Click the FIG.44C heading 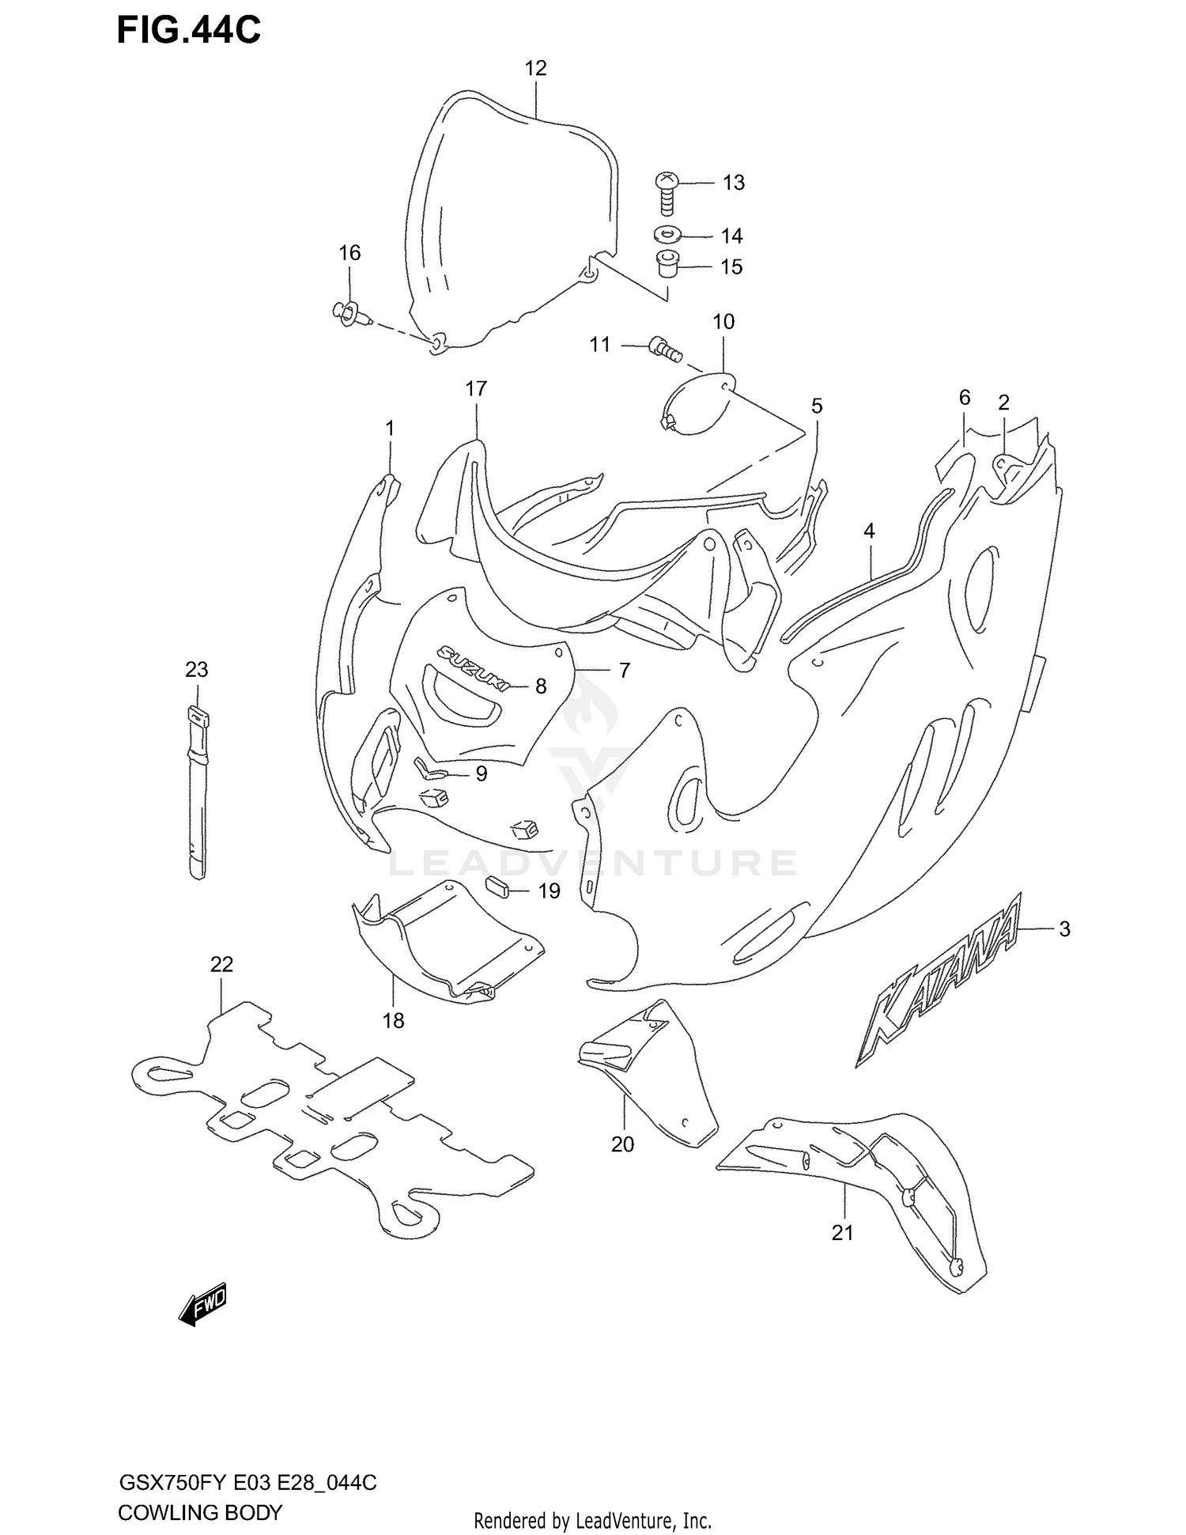coord(189,31)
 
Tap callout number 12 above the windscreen coord(535,68)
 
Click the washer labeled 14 coord(669,235)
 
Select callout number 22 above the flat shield coord(221,964)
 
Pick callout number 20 coord(622,1144)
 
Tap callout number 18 coord(393,1020)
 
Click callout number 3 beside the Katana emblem coord(1064,929)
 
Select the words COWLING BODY coord(199,1512)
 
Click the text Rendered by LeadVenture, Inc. coord(592,1521)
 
